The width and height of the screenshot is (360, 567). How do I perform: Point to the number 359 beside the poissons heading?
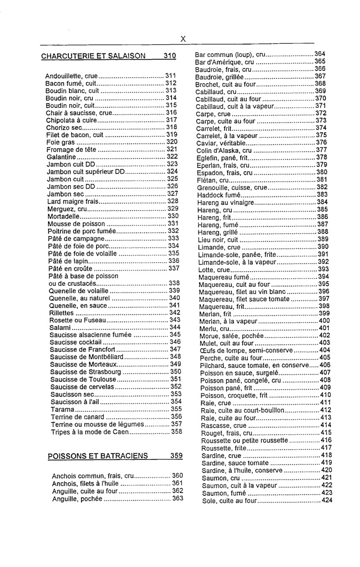click(176, 456)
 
